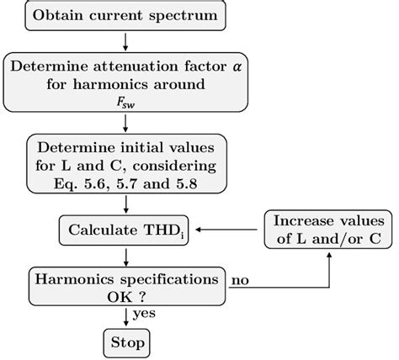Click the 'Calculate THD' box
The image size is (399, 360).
pos(125,228)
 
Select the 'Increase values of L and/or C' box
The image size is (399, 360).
pos(328,228)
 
